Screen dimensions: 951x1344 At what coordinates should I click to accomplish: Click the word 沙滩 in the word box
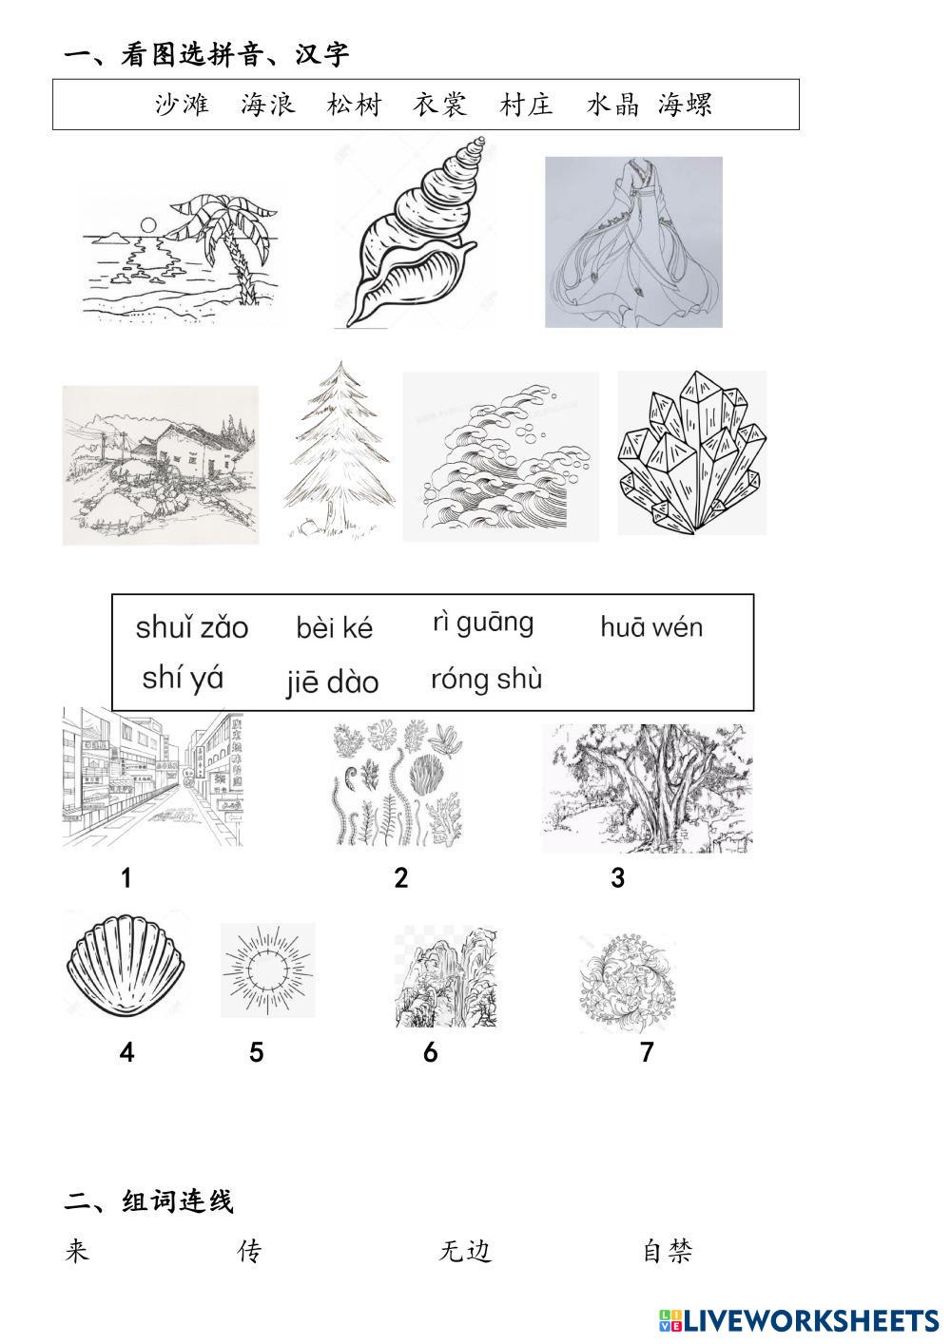[182, 105]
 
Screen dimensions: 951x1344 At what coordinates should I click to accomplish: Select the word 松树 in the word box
[354, 105]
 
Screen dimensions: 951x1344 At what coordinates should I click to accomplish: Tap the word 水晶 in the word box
[613, 105]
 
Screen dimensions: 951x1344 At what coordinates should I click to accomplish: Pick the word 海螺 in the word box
[685, 105]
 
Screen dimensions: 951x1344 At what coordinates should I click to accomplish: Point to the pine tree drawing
[340, 449]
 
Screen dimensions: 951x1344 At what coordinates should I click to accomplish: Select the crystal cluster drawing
[692, 452]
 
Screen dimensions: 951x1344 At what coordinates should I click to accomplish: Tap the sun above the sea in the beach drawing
[147, 225]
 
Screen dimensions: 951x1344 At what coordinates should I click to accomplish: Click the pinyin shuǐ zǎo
[192, 628]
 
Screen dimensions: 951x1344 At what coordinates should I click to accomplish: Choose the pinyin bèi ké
[335, 627]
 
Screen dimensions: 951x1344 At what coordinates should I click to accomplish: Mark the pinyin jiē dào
[333, 682]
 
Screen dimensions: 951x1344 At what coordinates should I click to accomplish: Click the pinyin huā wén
[651, 627]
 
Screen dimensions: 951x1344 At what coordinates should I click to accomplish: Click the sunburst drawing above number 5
[268, 970]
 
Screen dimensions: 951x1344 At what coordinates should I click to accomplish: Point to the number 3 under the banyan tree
[618, 878]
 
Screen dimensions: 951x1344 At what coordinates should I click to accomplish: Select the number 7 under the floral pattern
[647, 1052]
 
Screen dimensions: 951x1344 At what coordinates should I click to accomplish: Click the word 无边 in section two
[465, 1251]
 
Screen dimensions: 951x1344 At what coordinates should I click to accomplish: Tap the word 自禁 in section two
[668, 1251]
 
